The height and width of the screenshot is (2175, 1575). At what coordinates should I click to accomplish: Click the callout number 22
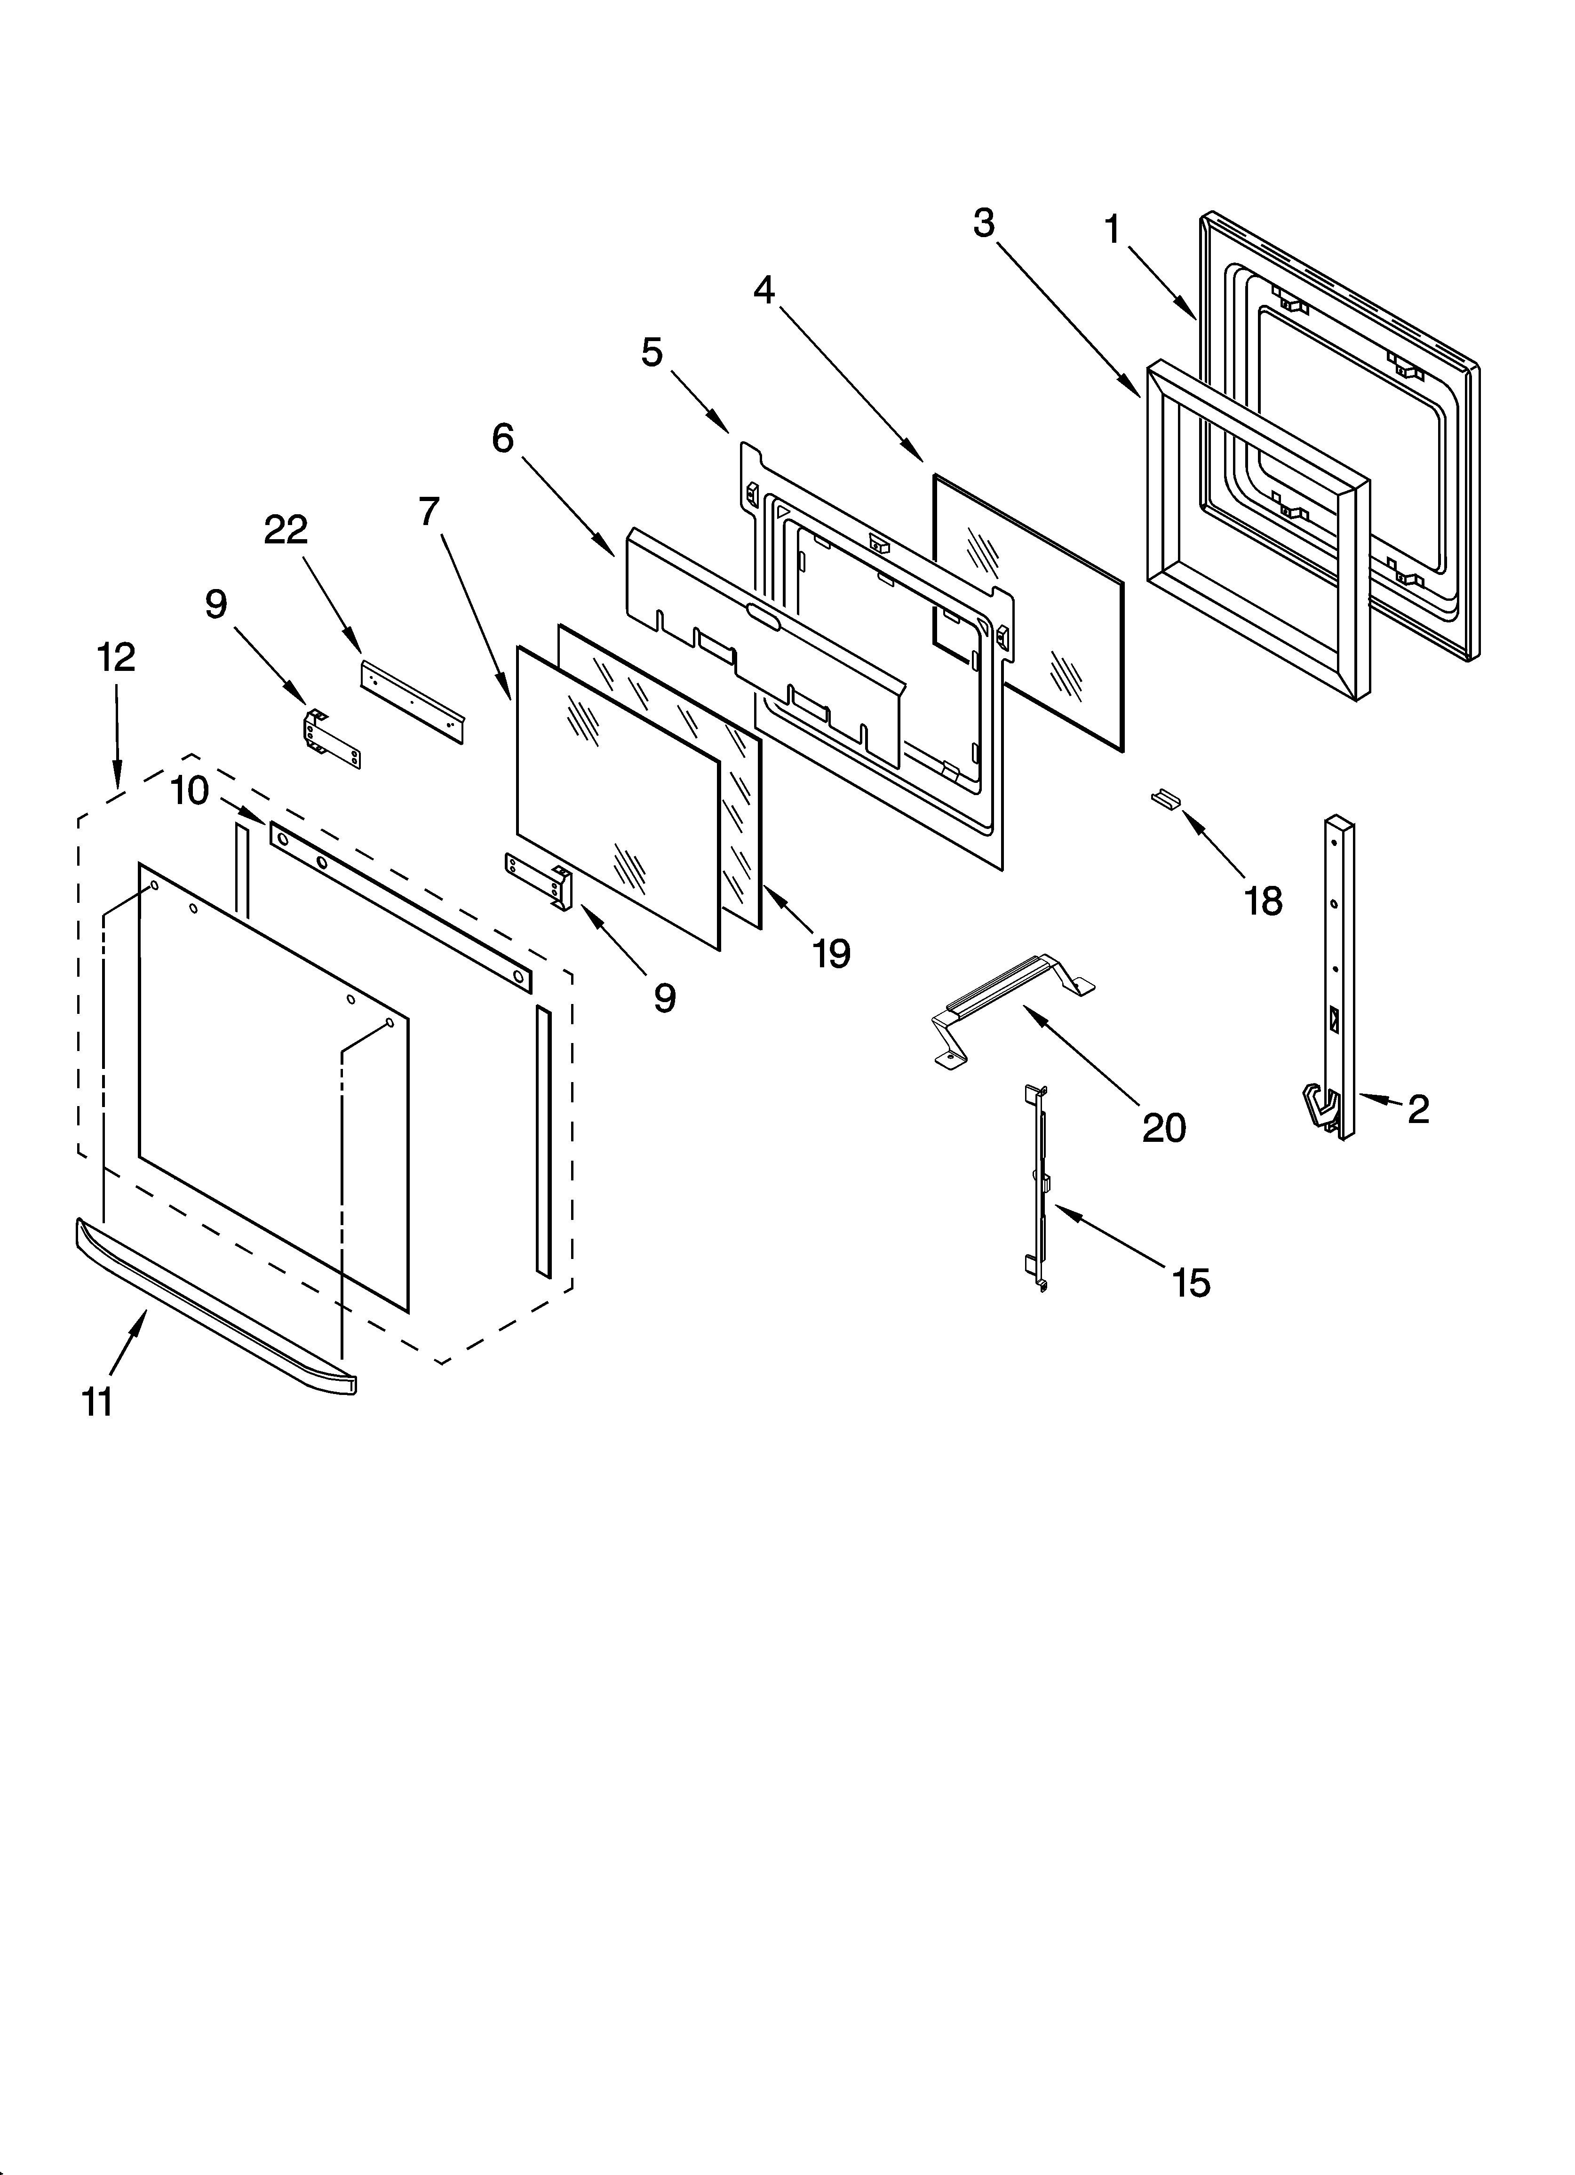286,529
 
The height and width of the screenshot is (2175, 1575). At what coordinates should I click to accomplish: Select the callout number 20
1163,1128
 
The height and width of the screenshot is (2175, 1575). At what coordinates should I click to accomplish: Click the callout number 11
98,1402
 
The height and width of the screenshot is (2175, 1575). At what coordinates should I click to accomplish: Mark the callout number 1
1113,230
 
